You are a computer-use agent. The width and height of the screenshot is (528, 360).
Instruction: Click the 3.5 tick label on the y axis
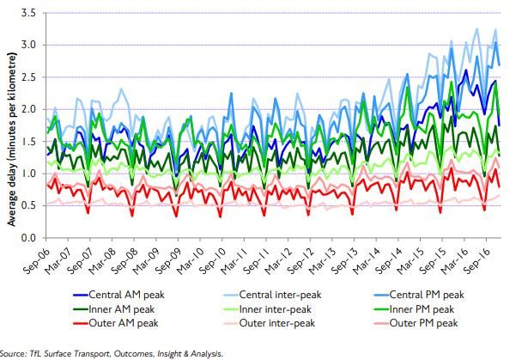tap(28, 14)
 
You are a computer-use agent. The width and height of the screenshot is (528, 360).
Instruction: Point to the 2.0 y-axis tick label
tap(28, 109)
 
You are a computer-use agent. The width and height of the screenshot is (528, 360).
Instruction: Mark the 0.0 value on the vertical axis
tap(28, 237)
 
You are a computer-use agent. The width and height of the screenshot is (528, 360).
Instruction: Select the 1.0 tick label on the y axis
tap(28, 174)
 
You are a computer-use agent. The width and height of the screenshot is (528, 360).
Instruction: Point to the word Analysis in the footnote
tap(204, 353)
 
